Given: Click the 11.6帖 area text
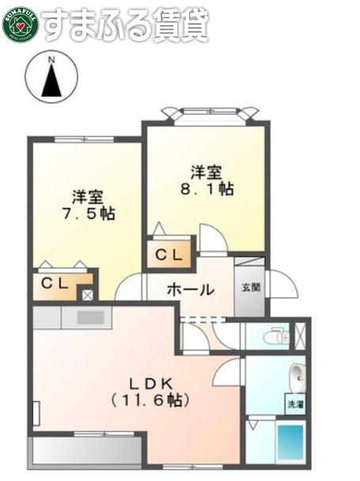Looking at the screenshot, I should (x=150, y=400).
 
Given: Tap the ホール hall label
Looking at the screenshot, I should (x=190, y=290).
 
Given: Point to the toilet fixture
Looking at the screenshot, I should (x=275, y=335).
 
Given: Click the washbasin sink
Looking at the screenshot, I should (x=297, y=374).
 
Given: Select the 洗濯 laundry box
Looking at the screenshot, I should (x=295, y=403).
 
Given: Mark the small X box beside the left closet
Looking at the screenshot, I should (x=87, y=294).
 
